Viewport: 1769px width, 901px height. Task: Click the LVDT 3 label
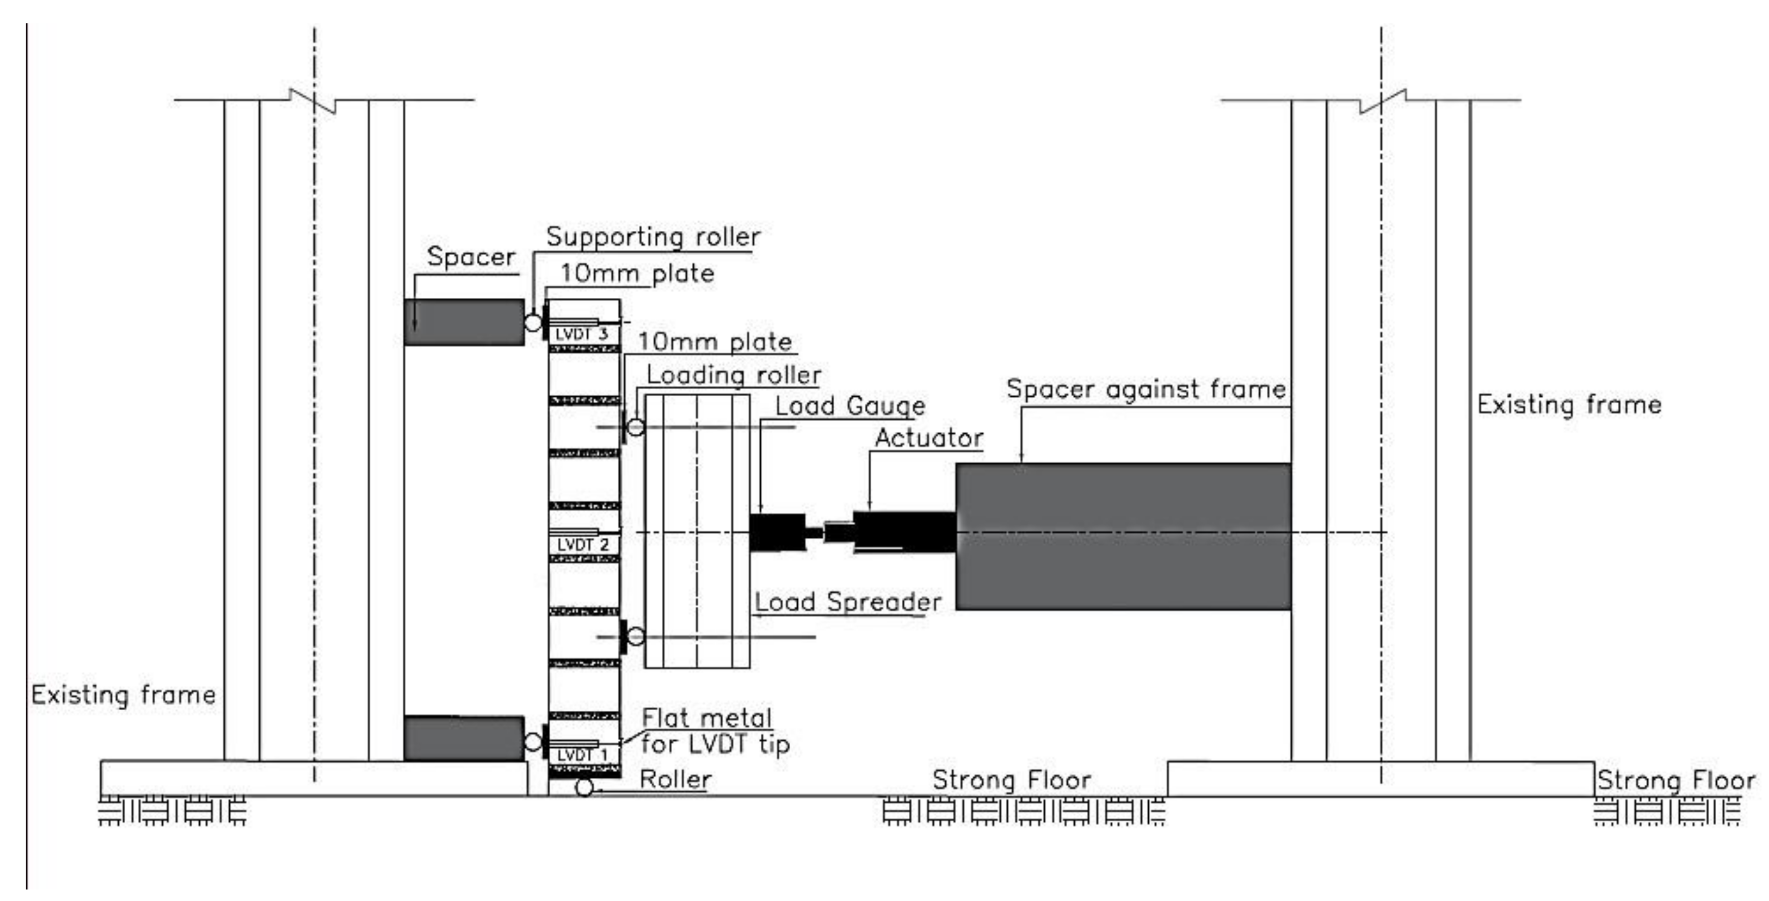click(582, 334)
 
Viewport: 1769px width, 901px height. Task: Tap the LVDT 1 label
click(582, 755)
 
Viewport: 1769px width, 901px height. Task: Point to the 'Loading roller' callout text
click(733, 375)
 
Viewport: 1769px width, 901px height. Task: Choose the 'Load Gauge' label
click(850, 406)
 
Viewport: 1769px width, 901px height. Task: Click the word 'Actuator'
click(929, 438)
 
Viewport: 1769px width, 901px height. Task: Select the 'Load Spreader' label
click(847, 602)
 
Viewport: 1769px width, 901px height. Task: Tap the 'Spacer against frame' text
click(1146, 390)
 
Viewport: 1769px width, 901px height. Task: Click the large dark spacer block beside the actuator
click(1123, 536)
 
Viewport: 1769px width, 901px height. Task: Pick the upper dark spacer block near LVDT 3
click(464, 322)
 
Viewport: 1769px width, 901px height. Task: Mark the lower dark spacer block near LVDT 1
click(464, 738)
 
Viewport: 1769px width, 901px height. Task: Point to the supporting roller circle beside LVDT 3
click(533, 322)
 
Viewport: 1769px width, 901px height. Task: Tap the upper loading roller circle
click(636, 427)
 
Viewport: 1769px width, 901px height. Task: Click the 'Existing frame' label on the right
click(1569, 404)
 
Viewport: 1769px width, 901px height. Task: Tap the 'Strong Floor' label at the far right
click(1676, 781)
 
